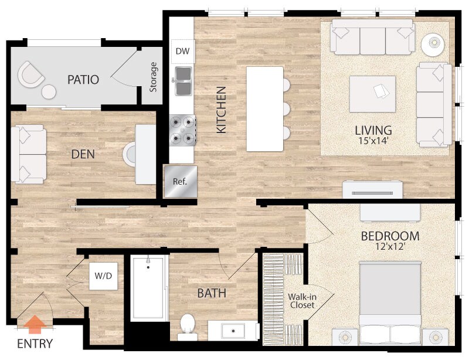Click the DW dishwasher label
click(183, 52)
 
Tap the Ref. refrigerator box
click(180, 181)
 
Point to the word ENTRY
click(35, 344)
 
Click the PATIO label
click(83, 79)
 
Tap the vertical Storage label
click(154, 77)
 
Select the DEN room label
click(83, 154)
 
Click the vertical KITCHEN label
click(221, 110)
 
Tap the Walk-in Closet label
click(301, 301)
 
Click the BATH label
click(212, 293)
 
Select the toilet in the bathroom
click(187, 325)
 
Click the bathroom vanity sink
click(233, 330)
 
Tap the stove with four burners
click(182, 130)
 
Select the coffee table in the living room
click(372, 94)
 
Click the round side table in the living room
click(433, 43)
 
